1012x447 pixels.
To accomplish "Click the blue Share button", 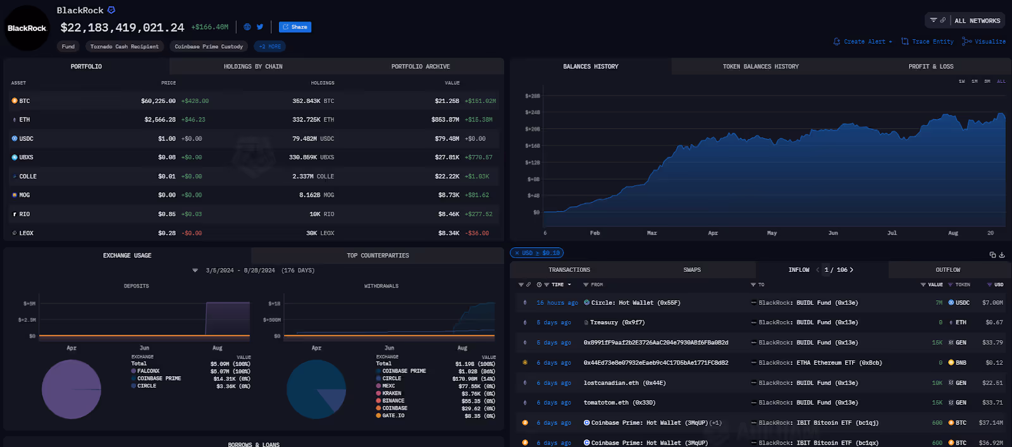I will (295, 27).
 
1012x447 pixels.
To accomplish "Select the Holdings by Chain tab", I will (253, 66).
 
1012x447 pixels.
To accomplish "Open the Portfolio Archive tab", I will (421, 66).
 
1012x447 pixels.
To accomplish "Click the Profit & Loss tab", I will (930, 66).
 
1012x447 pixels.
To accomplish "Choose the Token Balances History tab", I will (760, 66).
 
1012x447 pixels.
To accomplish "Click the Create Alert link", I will (863, 42).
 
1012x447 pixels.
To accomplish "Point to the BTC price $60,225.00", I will (158, 101).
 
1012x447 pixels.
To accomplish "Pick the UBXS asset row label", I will (26, 157).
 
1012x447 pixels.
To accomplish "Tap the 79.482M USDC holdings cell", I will (313, 138).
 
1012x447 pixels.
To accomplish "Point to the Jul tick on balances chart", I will (892, 233).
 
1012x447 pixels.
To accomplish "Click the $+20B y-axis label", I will (533, 129).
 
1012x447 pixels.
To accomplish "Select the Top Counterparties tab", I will (378, 255).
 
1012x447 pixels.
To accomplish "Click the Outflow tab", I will (947, 270).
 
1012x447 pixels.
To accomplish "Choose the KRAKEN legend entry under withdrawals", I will (392, 393).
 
